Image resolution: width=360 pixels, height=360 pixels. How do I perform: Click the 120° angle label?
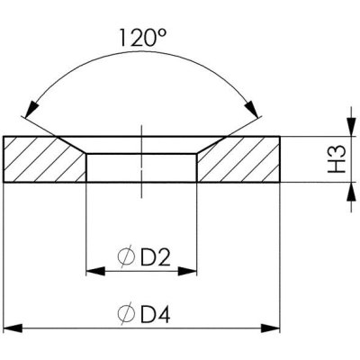pos(142,38)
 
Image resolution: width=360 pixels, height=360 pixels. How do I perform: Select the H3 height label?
pos(337,159)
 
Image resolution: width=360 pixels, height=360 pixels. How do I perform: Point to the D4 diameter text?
pos(155,314)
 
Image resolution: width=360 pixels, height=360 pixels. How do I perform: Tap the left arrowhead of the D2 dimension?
pos(95,271)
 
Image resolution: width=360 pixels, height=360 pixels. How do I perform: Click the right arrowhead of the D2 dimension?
pos(187,271)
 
